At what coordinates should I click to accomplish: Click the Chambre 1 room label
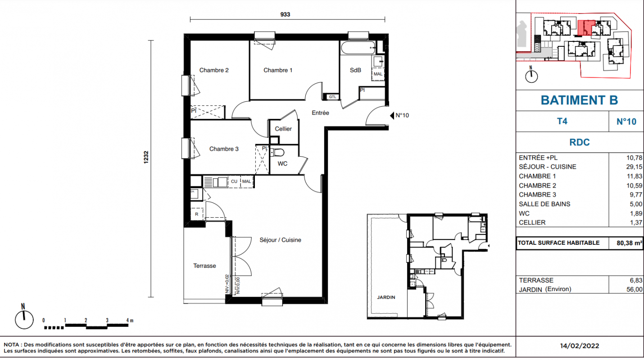pyautogui.click(x=278, y=70)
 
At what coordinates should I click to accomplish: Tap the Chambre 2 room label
pyautogui.click(x=214, y=70)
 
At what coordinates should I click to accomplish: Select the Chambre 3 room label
pyautogui.click(x=224, y=149)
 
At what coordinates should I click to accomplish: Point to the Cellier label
pyautogui.click(x=283, y=129)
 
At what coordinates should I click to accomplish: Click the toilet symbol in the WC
pyautogui.click(x=277, y=152)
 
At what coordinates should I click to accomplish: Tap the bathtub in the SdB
pyautogui.click(x=358, y=48)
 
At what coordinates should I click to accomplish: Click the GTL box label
pyautogui.click(x=332, y=97)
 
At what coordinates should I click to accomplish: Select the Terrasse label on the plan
pyautogui.click(x=204, y=266)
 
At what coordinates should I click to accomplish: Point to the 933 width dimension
pyautogui.click(x=285, y=14)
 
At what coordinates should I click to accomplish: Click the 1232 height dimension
pyautogui.click(x=146, y=157)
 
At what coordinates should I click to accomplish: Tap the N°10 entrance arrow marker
pyautogui.click(x=392, y=116)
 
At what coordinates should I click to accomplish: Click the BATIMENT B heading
pyautogui.click(x=579, y=100)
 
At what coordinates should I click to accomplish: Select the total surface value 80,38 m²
pyautogui.click(x=629, y=243)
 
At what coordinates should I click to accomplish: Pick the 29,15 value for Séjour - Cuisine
pyautogui.click(x=634, y=167)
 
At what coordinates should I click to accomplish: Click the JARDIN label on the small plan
pyautogui.click(x=386, y=297)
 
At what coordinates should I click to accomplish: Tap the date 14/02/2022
pyautogui.click(x=579, y=346)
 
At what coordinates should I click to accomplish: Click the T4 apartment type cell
pyautogui.click(x=562, y=121)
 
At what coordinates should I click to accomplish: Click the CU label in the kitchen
pyautogui.click(x=234, y=182)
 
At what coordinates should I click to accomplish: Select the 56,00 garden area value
pyautogui.click(x=634, y=290)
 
